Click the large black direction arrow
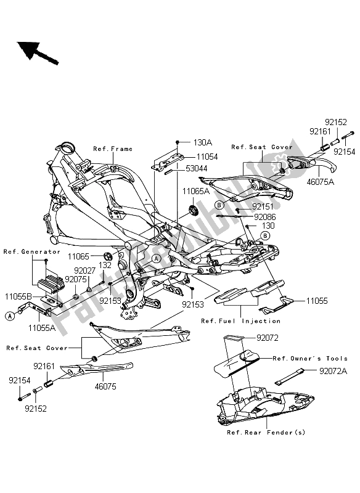point(38,52)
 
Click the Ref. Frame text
point(113,149)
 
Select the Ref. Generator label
point(32,251)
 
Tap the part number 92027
point(85,269)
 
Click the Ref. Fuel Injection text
point(240,321)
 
